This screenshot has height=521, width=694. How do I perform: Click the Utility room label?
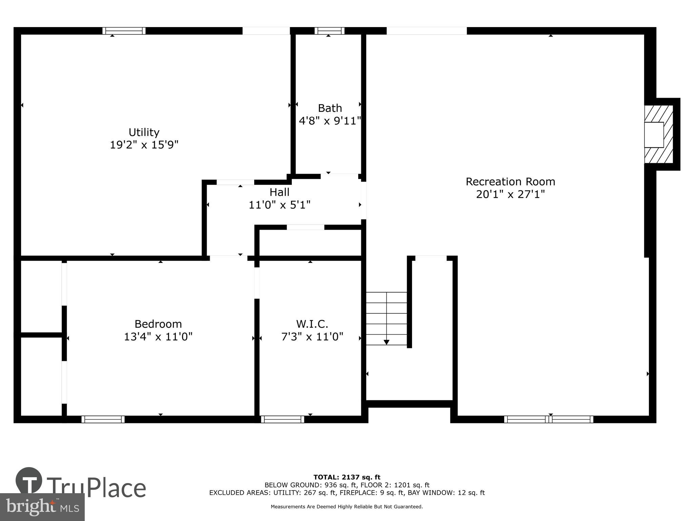tap(144, 132)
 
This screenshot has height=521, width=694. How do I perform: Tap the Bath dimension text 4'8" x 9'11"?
tap(330, 121)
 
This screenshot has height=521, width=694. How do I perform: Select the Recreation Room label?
tap(510, 182)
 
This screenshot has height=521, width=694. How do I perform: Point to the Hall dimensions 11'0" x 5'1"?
tap(280, 205)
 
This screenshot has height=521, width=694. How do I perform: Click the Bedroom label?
tap(158, 324)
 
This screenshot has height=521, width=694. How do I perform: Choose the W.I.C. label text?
tap(312, 324)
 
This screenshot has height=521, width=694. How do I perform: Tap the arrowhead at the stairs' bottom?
tap(386, 342)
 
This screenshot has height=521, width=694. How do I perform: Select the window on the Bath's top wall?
tap(329, 31)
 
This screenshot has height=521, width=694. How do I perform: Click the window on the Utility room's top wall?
tap(124, 31)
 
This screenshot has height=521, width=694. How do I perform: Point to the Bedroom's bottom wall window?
tap(103, 419)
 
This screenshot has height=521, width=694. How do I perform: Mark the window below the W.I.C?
tap(283, 419)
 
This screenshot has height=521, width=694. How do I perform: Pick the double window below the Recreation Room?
tap(549, 419)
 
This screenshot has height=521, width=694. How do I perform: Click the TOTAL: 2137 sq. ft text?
tap(347, 478)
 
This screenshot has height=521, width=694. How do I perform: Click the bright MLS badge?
tap(42, 507)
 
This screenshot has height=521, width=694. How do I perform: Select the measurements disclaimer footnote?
tap(347, 507)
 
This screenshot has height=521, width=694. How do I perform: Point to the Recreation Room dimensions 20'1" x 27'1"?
tap(510, 194)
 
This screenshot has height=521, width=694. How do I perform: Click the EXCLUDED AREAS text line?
tap(347, 493)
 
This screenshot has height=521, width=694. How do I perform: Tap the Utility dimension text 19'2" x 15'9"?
tap(144, 145)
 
